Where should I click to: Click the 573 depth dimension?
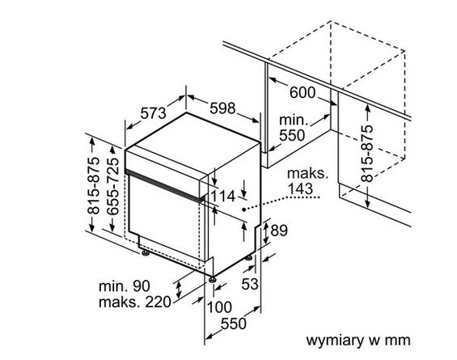click(154, 113)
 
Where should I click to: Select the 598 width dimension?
click(222, 108)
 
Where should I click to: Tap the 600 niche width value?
click(303, 93)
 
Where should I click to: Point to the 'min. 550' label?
click(292, 128)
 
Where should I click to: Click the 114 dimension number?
click(222, 196)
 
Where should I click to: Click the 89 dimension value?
click(279, 231)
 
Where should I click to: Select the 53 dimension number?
click(250, 284)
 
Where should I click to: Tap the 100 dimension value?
click(219, 307)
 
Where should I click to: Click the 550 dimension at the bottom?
click(234, 324)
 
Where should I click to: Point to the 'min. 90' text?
click(125, 286)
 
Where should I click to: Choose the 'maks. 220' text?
click(134, 302)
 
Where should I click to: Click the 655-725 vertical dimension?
click(113, 187)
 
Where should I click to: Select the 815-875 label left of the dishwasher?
click(94, 186)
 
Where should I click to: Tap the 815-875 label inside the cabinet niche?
click(367, 154)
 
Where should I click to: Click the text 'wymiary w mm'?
click(358, 340)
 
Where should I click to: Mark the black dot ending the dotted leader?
click(243, 209)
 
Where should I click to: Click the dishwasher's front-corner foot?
click(212, 279)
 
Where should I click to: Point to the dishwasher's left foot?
click(145, 252)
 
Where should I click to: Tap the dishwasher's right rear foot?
click(249, 258)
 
